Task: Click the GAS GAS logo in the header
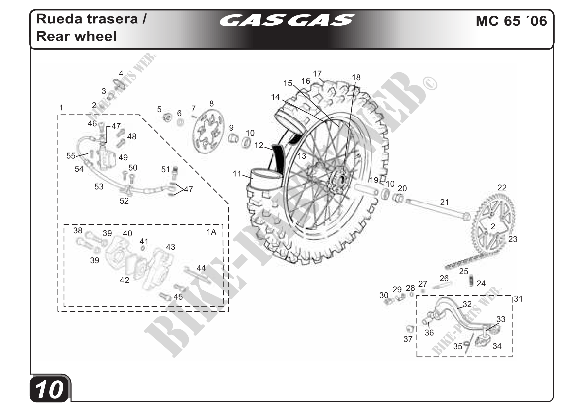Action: tap(287, 20)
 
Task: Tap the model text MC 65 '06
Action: tap(511, 21)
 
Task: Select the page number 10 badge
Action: tap(50, 390)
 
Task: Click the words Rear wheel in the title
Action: tap(76, 36)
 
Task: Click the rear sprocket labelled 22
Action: tap(494, 223)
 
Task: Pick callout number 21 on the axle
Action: tap(444, 202)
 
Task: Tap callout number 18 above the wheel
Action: tap(356, 78)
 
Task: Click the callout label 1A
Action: tap(211, 232)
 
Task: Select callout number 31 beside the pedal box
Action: tap(518, 299)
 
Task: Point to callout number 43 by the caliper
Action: tap(171, 247)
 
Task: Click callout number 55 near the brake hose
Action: tap(71, 156)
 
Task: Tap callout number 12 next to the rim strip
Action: tap(259, 145)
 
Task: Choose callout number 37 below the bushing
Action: tap(408, 339)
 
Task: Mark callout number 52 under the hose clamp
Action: tap(124, 201)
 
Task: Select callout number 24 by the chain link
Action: tap(481, 283)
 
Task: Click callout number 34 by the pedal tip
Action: tap(497, 346)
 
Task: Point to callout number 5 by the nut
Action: tap(159, 109)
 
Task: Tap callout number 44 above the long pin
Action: tap(201, 268)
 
